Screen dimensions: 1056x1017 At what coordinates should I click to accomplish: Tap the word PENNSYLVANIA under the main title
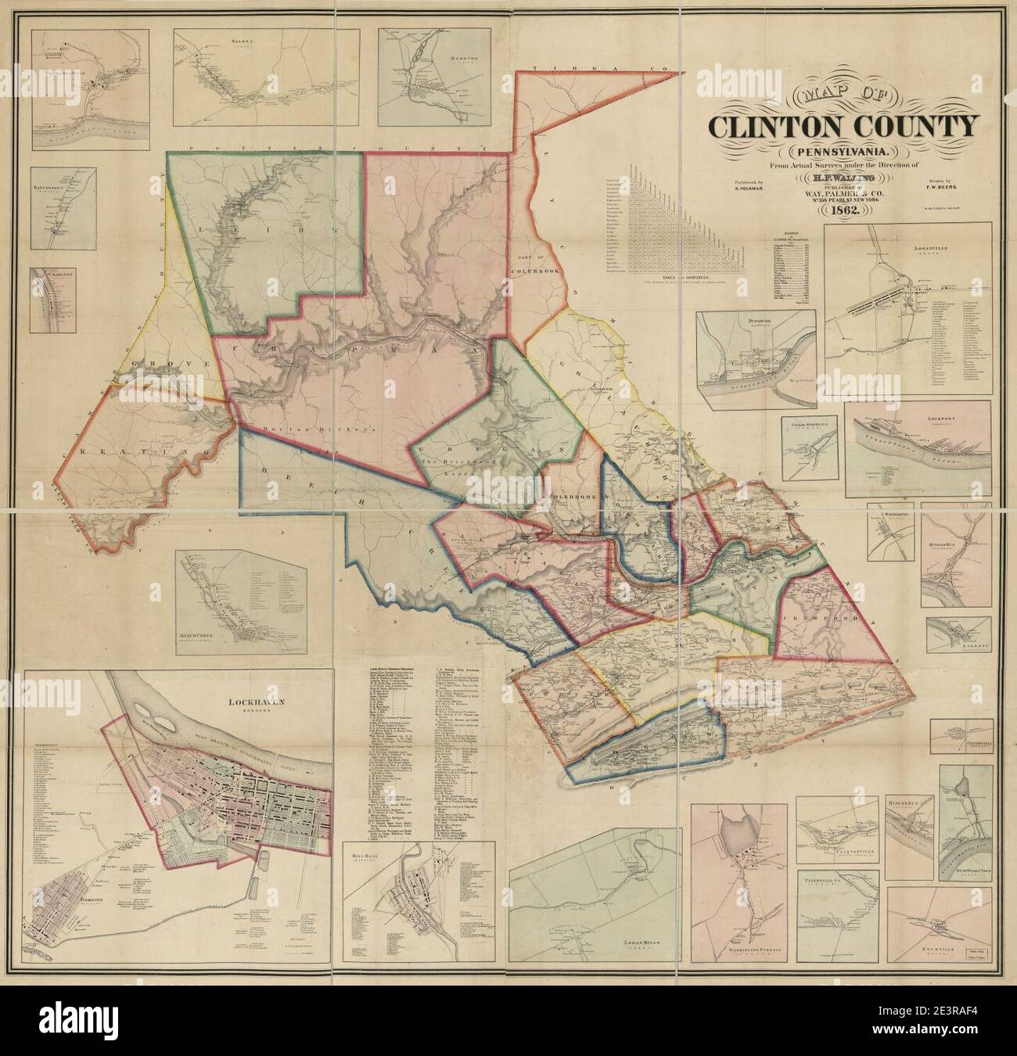[842, 150]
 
